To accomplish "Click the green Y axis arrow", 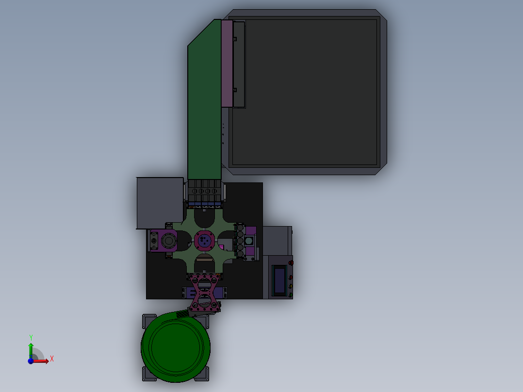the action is [x=31, y=350].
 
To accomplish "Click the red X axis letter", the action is [x=52, y=359].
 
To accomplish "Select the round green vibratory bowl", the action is [x=176, y=347].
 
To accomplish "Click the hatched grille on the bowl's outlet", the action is [x=182, y=314].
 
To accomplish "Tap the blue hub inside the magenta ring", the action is [x=204, y=240].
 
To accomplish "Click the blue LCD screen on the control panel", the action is [x=279, y=280].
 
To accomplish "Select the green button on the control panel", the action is [x=291, y=294].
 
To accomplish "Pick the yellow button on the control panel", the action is [x=291, y=286].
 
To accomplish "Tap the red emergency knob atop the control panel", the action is [x=291, y=263].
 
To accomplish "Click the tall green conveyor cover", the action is [x=204, y=99].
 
